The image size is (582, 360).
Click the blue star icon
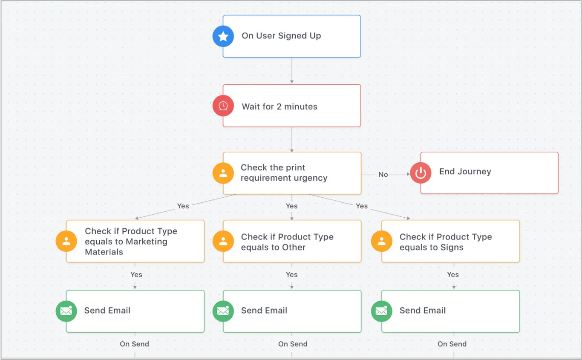223,36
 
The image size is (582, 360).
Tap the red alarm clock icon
223,106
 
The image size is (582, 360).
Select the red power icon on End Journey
421,173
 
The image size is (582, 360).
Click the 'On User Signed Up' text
281,36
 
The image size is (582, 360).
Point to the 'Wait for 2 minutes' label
279,107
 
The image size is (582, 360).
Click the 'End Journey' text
465,172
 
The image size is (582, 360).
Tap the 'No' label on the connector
383,174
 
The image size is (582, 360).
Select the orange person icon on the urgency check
223,173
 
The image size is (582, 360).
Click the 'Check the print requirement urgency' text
284,173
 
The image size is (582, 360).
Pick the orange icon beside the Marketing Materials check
66,241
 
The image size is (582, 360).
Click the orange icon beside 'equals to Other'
223,241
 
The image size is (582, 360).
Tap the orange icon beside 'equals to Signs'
381,241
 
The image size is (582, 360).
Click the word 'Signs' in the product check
452,248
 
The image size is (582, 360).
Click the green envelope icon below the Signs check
381,311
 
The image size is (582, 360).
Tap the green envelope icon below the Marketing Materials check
66,311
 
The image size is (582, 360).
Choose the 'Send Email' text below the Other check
264,311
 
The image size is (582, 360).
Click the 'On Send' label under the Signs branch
452,344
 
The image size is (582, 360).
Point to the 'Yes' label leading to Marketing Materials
183,206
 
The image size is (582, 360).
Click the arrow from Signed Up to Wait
292,71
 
